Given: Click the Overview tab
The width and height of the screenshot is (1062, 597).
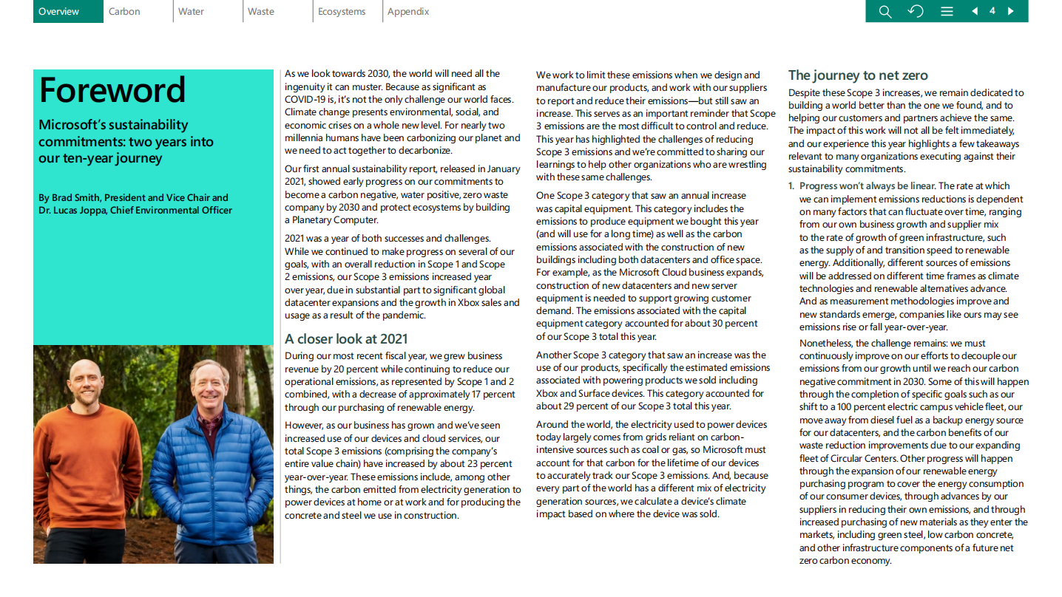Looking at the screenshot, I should (59, 11).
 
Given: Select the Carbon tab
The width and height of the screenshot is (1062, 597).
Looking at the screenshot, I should (124, 11).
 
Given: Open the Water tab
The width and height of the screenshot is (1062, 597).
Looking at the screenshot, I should (191, 11).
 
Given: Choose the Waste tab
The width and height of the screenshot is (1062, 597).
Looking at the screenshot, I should (261, 11).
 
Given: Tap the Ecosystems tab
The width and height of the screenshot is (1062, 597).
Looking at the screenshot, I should (342, 11).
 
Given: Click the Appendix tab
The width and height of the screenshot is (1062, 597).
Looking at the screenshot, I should (408, 11).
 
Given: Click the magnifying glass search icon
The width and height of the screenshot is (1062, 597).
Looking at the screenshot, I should (885, 11).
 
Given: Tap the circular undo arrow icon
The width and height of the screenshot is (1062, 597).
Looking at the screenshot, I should (916, 11).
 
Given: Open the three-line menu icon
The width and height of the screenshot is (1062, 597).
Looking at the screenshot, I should (947, 11).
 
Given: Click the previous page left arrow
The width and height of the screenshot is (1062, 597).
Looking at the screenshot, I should (975, 11).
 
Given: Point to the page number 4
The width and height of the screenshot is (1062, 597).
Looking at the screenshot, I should (992, 11).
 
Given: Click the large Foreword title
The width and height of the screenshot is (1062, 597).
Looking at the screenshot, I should (112, 90).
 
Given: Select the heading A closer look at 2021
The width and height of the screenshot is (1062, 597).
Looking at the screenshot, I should (346, 339).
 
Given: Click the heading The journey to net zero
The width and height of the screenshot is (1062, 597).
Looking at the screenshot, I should (858, 75).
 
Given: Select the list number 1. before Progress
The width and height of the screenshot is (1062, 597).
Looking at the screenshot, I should (791, 186).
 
